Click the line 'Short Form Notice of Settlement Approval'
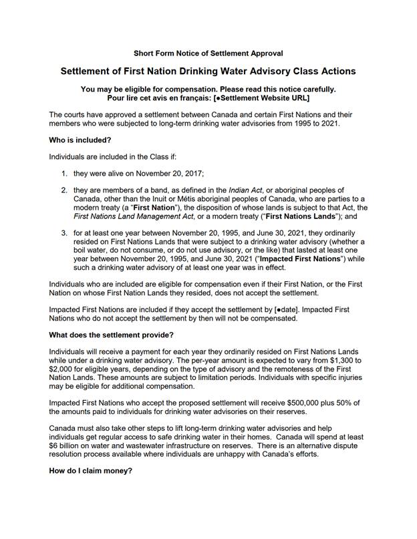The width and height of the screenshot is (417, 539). (208, 53)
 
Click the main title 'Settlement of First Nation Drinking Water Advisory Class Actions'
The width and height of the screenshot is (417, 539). (208, 71)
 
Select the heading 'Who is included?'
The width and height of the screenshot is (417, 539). (80, 140)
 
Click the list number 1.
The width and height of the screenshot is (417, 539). (64, 174)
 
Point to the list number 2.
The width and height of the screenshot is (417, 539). (64, 190)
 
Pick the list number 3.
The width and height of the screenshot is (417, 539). (64, 233)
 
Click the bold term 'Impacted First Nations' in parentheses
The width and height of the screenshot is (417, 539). (295, 258)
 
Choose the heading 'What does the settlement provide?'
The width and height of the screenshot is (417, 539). (111, 335)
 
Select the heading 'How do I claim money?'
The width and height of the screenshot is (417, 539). (92, 471)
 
